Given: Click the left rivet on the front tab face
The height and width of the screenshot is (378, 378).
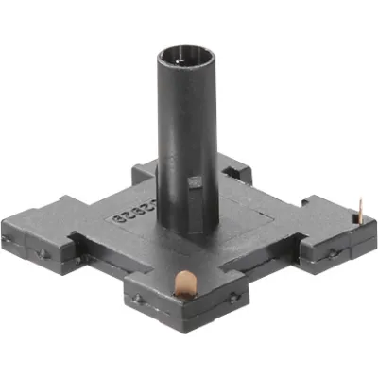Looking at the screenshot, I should [x=140, y=300].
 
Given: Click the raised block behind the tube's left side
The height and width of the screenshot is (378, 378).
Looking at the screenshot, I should [x=144, y=172].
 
